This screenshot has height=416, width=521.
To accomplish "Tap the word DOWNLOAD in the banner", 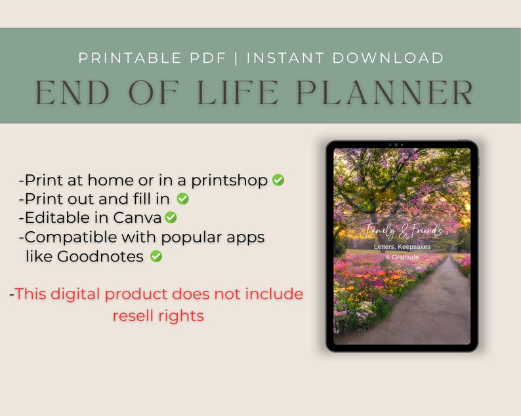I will point(388,58).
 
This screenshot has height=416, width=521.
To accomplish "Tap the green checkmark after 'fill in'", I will point(182,199).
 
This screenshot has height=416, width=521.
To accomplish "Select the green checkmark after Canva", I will point(171,217).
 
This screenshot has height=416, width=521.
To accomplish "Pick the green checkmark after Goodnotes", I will point(156,256).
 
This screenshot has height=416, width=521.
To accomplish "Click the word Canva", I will point(137,217).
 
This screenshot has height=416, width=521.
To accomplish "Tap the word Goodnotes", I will point(100,256).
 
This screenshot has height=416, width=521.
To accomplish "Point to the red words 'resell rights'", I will point(158,315).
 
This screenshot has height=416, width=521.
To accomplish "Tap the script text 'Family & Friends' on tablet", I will point(404,231).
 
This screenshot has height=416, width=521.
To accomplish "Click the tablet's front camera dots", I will point(395,144).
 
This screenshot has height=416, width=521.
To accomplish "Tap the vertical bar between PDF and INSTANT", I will point(237,58).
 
